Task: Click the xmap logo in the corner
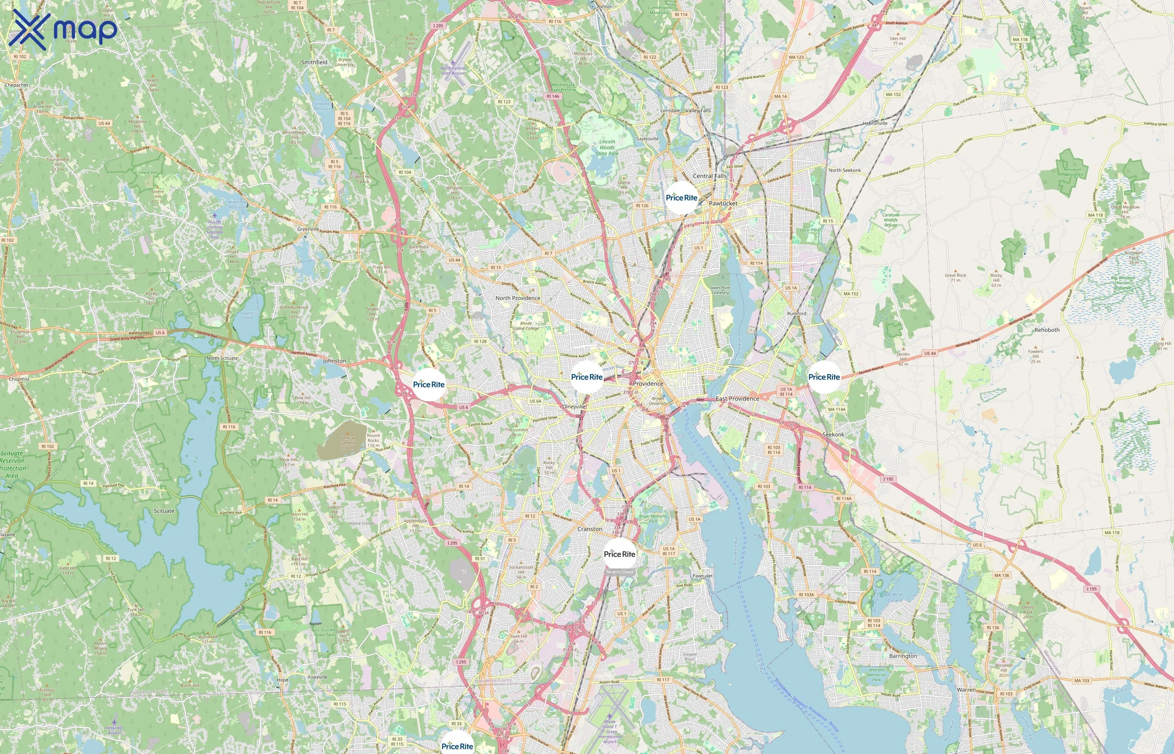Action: [x=63, y=30]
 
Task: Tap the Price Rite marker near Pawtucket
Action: [x=681, y=198]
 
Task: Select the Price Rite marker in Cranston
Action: [x=619, y=554]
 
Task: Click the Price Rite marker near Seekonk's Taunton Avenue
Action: [x=823, y=377]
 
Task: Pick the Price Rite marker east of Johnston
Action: [x=429, y=385]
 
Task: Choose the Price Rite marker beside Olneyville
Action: [x=587, y=377]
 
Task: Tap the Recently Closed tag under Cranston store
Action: [x=619, y=572]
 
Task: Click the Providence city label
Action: [x=648, y=383]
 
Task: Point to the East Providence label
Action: [x=737, y=398]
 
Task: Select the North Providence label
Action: [x=517, y=298]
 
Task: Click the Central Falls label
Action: [x=709, y=176]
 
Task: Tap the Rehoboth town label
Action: [x=1047, y=330]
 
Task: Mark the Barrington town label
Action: [x=903, y=656]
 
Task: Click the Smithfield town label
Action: [x=314, y=62]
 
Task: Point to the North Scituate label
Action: [x=222, y=358]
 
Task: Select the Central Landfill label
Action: [x=348, y=443]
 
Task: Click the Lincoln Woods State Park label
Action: [x=607, y=147]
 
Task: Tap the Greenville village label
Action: [x=308, y=229]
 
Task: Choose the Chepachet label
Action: [x=17, y=85]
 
